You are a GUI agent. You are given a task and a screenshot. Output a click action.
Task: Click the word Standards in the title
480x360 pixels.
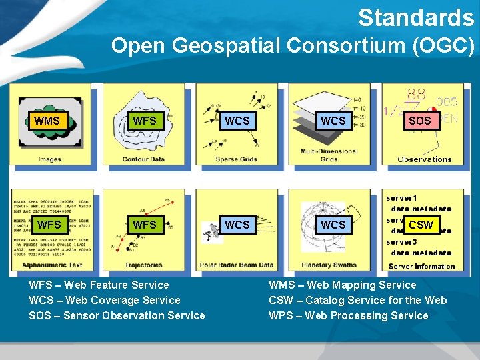click(x=415, y=18)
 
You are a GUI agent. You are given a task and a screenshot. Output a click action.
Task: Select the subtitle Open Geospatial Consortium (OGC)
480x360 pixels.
click(x=293, y=46)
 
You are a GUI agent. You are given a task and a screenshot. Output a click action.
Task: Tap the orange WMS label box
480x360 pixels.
click(x=47, y=121)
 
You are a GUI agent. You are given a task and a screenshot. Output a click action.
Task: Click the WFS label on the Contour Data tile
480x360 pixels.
click(x=144, y=121)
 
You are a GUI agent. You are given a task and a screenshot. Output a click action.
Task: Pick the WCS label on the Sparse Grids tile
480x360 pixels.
click(x=237, y=121)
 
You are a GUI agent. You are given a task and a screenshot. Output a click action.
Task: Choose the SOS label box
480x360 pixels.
click(x=419, y=121)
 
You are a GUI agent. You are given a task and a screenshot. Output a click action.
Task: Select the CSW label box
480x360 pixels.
click(x=421, y=225)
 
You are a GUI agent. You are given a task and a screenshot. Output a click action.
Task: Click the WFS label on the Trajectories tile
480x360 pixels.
click(x=144, y=225)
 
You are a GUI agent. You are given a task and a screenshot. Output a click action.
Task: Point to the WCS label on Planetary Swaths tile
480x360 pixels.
click(x=333, y=225)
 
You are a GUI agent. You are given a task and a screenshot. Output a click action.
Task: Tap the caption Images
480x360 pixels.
click(x=50, y=159)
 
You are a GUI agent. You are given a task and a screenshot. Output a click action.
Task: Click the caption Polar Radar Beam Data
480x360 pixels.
click(x=236, y=265)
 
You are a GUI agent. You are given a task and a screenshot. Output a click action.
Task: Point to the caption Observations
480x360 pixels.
click(x=424, y=159)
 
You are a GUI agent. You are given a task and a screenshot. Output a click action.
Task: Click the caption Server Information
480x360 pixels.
click(x=421, y=266)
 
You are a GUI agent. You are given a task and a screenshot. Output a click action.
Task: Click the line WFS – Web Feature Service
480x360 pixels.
click(x=99, y=285)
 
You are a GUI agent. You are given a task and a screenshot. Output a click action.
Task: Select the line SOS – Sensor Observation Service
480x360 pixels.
click(x=117, y=315)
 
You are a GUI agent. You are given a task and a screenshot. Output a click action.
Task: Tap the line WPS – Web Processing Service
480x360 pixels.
click(x=348, y=315)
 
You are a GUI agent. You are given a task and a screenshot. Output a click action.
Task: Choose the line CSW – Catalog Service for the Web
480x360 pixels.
click(x=357, y=300)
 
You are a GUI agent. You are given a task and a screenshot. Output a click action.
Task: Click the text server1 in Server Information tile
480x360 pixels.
click(x=401, y=198)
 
